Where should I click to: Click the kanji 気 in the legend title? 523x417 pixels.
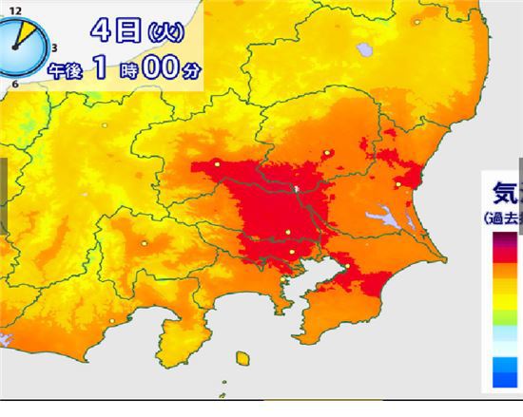coord(505,194)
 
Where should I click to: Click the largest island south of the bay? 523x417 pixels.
coord(245,359)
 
